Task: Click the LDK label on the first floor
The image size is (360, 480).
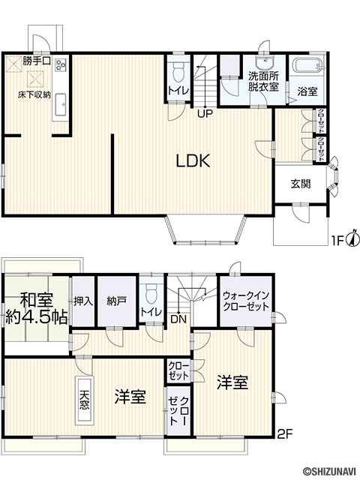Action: pyautogui.click(x=193, y=160)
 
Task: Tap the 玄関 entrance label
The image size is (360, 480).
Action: pyautogui.click(x=301, y=184)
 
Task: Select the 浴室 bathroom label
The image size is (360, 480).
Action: pyautogui.click(x=307, y=91)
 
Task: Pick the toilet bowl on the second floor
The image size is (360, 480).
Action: pyautogui.click(x=151, y=293)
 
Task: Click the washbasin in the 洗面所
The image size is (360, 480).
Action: pyautogui.click(x=264, y=64)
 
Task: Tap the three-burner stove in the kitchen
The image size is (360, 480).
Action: pyautogui.click(x=60, y=64)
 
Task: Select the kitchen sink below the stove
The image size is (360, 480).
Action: pyautogui.click(x=61, y=103)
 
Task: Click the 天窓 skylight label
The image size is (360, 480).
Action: pyautogui.click(x=85, y=400)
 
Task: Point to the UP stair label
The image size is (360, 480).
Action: pyautogui.click(x=205, y=114)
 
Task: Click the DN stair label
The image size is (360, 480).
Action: pyautogui.click(x=178, y=319)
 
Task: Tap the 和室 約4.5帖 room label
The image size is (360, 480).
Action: pyautogui.click(x=37, y=308)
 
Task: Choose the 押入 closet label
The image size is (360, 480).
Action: pyautogui.click(x=83, y=301)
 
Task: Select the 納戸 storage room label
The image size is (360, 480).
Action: pyautogui.click(x=117, y=301)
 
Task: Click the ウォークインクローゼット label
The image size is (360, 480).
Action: pyautogui.click(x=246, y=301)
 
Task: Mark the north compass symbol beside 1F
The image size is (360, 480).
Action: pyautogui.click(x=353, y=238)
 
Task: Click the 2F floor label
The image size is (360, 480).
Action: pyautogui.click(x=285, y=434)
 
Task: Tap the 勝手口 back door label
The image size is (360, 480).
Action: pyautogui.click(x=37, y=61)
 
